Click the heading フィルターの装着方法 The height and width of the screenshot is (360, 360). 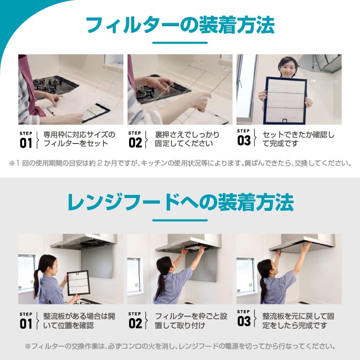click(179, 25)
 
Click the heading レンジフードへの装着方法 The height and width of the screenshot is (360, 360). click(180, 202)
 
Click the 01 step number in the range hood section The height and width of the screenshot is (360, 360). click(26, 323)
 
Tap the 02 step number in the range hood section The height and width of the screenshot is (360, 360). click(135, 323)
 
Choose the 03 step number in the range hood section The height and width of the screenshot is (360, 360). click(244, 320)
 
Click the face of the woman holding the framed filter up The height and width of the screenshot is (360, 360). click(288, 67)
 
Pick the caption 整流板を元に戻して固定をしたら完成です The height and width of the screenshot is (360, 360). click(298, 320)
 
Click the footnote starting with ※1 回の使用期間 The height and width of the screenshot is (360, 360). click(180, 164)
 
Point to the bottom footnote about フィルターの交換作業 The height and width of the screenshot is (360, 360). click(180, 346)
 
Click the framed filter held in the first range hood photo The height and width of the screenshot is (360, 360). click(78, 282)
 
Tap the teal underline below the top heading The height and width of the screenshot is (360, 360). click(179, 43)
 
